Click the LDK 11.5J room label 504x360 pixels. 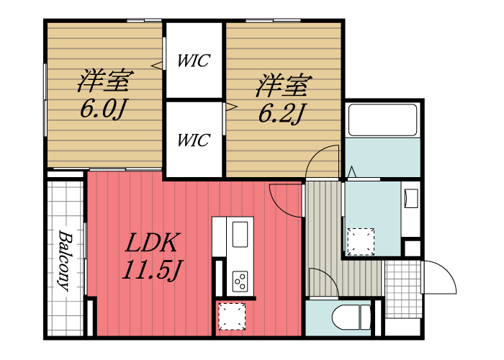[x=153, y=256]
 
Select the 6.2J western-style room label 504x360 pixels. [x=282, y=99]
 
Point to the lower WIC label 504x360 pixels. [x=194, y=139]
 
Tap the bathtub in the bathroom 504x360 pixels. [x=382, y=120]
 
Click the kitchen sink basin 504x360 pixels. [x=240, y=233]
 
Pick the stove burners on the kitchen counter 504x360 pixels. [x=240, y=279]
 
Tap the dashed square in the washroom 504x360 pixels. [x=361, y=241]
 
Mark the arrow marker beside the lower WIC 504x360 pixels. [x=232, y=108]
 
